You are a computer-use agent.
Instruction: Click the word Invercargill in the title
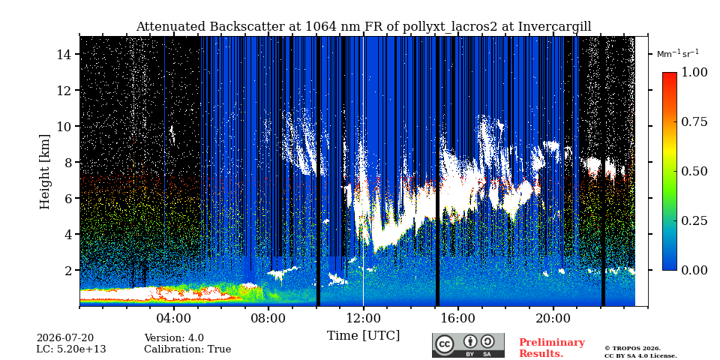[x=555, y=27]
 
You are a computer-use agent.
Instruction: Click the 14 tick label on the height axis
[x=64, y=54]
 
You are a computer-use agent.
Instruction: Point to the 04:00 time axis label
[x=174, y=318]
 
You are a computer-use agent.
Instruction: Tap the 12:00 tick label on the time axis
[x=363, y=318]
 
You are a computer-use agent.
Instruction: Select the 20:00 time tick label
[x=553, y=318]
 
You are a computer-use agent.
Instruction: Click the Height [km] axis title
[x=44, y=172]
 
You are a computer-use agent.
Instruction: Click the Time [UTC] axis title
[x=363, y=335]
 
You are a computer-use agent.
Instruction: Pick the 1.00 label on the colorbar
[x=693, y=72]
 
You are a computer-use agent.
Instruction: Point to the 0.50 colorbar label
[x=693, y=171]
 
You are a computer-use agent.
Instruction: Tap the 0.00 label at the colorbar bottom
[x=693, y=270]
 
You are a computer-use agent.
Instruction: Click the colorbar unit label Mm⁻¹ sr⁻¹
[x=678, y=53]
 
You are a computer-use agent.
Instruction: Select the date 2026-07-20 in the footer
[x=65, y=338]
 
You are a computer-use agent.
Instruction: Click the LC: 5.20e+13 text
[x=71, y=349]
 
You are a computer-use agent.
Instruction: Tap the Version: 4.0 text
[x=174, y=338]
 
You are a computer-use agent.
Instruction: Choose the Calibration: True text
[x=187, y=349]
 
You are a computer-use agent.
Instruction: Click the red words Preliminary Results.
[x=552, y=348]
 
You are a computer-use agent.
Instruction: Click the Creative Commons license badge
[x=468, y=345]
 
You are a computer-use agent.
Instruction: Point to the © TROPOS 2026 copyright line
[x=632, y=349]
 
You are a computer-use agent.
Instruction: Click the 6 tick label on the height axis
[x=69, y=198]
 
